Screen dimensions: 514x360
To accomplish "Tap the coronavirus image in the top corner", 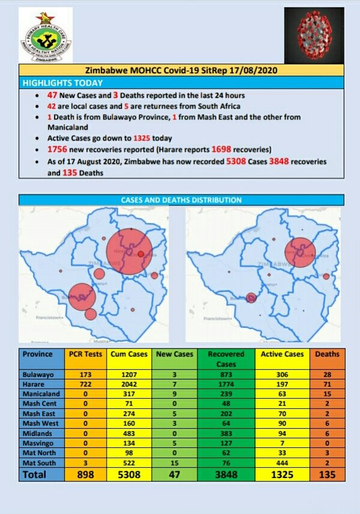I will pyautogui.click(x=314, y=35).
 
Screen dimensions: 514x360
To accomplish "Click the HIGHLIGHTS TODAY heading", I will pyautogui.click(x=63, y=83).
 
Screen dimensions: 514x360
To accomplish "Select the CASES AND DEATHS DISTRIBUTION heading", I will pyautogui.click(x=181, y=199).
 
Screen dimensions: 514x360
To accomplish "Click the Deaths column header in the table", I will pyautogui.click(x=328, y=354).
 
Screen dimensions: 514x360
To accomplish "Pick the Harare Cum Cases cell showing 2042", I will pyautogui.click(x=126, y=384).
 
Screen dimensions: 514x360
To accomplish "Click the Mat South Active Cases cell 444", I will pyautogui.click(x=281, y=463).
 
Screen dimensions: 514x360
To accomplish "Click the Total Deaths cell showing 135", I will pyautogui.click(x=328, y=474).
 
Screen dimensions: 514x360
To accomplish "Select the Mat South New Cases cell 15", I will pyautogui.click(x=174, y=463).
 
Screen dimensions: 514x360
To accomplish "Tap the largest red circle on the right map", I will pyautogui.click(x=300, y=252).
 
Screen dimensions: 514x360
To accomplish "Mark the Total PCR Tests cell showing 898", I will pyautogui.click(x=85, y=474).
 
